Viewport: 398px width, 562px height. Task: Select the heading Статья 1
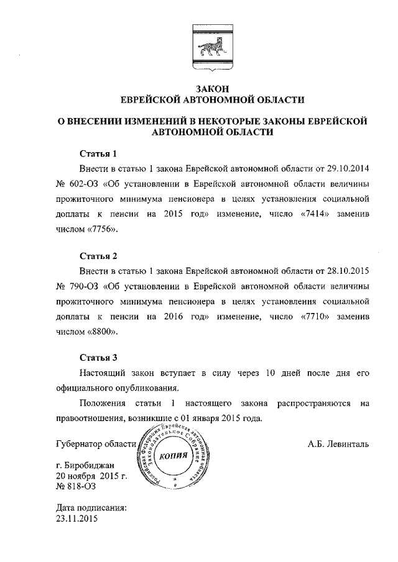98,153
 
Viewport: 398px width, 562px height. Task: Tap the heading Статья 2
98,255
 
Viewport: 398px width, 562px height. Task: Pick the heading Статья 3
98,358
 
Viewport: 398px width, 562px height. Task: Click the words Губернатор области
95,443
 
